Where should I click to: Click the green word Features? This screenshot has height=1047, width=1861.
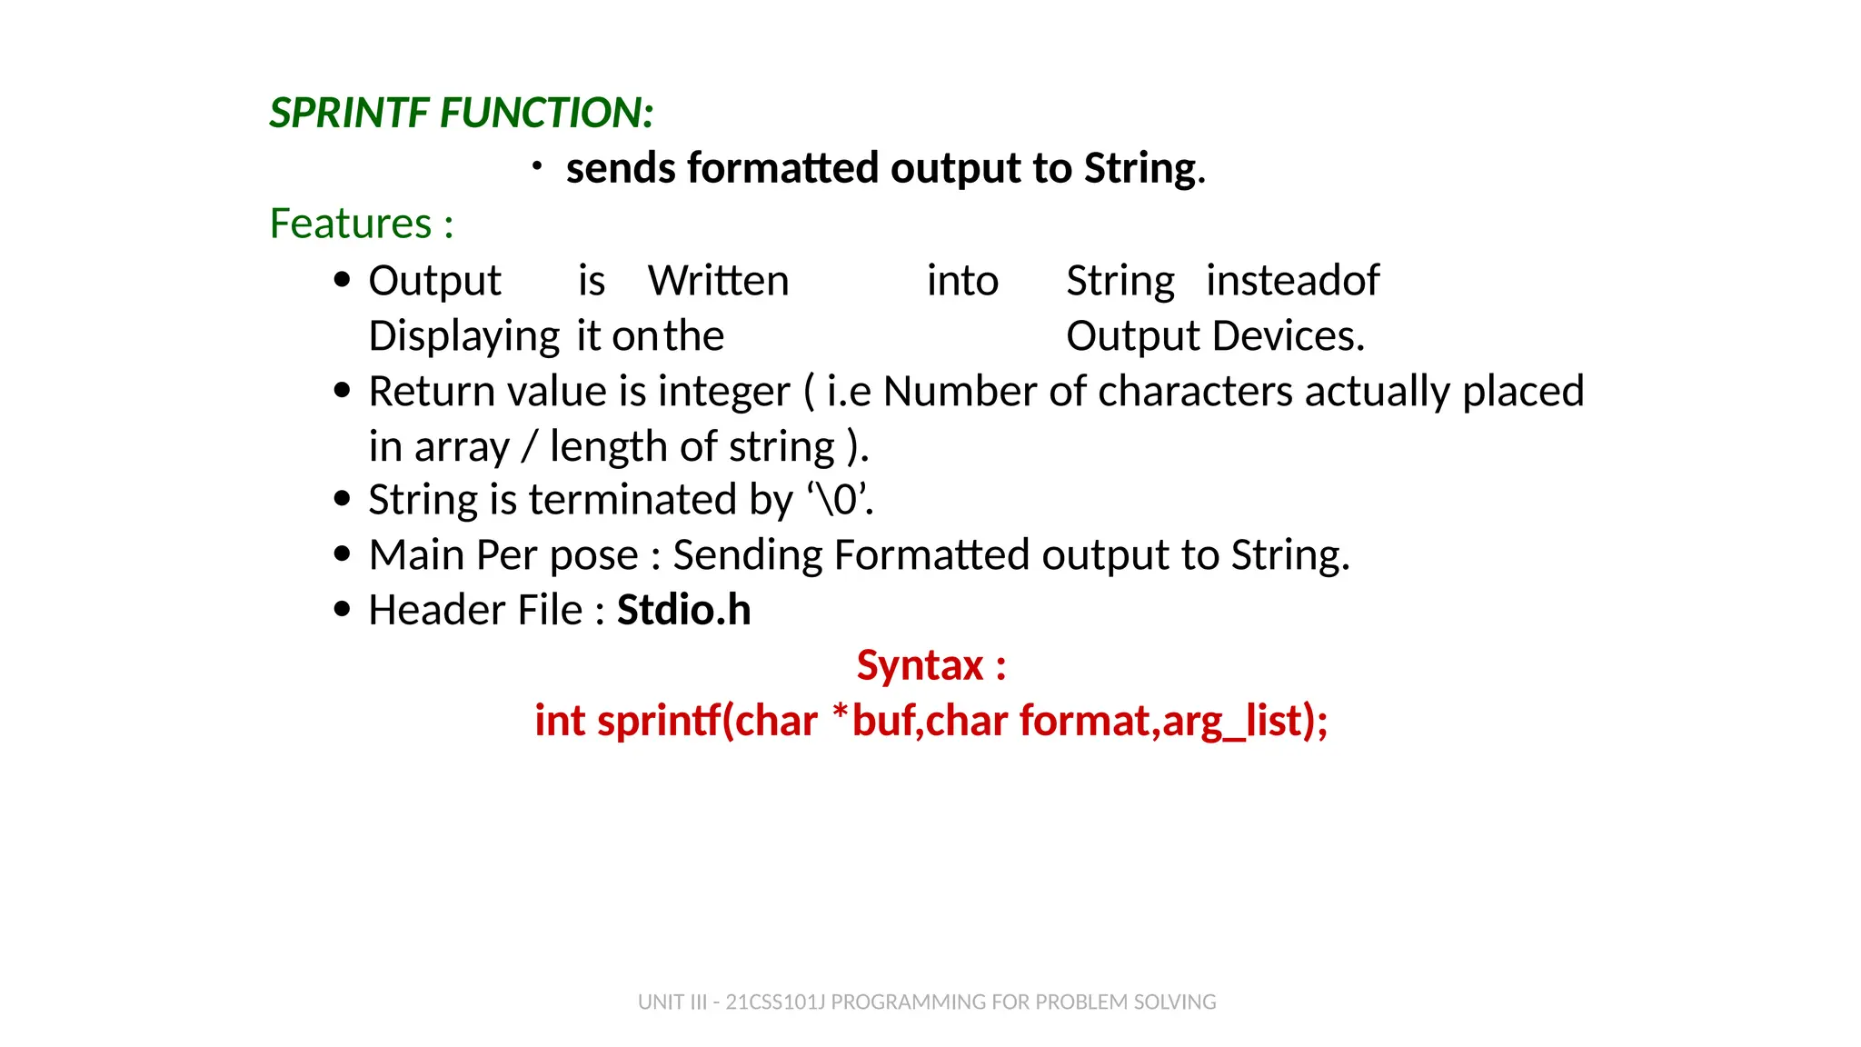[x=351, y=224]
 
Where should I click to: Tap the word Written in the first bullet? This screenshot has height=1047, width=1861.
[x=718, y=281]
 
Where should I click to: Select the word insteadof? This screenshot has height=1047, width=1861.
[x=1292, y=281]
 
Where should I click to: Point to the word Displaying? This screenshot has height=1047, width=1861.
[x=463, y=337]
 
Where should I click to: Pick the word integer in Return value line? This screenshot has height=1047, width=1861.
[x=723, y=392]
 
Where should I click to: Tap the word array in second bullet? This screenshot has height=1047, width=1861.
[x=462, y=448]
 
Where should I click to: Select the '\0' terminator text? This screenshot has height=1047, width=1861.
[x=838, y=500]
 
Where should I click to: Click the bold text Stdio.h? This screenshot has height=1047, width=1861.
[x=683, y=610]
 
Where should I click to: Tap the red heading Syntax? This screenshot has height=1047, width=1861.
[x=920, y=665]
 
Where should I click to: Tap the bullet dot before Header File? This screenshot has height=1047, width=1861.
[x=342, y=609]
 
